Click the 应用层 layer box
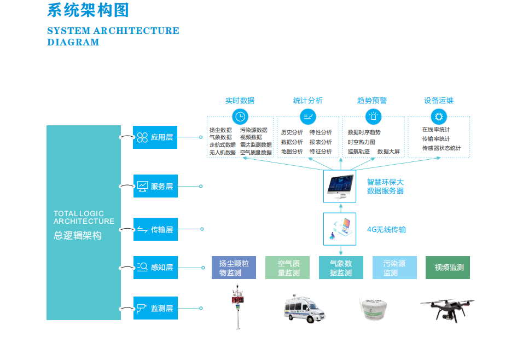[x=155, y=137]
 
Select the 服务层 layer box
[x=155, y=187]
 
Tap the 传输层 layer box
[x=155, y=229]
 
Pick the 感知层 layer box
[x=155, y=267]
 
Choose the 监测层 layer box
[x=155, y=308]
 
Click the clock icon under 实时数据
[x=240, y=116]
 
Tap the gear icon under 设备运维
[x=438, y=116]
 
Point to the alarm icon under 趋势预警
[x=373, y=116]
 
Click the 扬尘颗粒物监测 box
[x=234, y=268]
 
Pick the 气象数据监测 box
[x=341, y=268]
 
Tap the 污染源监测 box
[x=394, y=268]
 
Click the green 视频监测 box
[x=448, y=268]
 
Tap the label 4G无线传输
[x=386, y=229]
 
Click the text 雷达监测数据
[x=255, y=145]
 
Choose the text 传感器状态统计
[x=441, y=148]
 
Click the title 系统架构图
[x=88, y=10]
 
